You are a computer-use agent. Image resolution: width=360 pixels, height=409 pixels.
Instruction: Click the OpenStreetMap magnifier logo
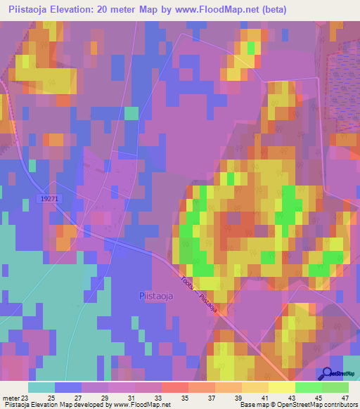pyautogui.click(x=327, y=374)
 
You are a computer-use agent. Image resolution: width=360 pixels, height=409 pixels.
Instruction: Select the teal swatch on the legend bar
pyautogui.click(x=41, y=387)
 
